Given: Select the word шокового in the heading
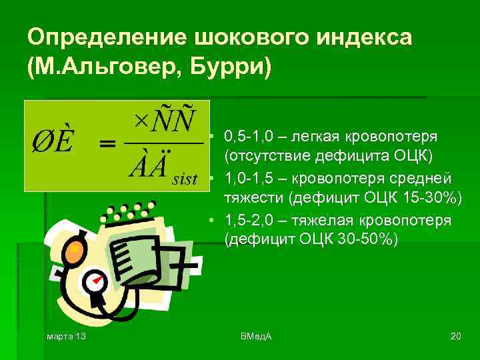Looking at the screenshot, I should tap(233, 37).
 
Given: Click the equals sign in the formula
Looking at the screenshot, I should tap(107, 145).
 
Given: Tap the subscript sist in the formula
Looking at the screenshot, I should tap(185, 178).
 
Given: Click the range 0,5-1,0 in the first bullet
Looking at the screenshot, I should tap(247, 137).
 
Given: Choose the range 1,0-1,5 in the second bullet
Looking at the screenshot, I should tap(247, 179).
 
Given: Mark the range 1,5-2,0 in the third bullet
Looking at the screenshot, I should tap(247, 221).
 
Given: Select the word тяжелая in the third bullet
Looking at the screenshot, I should tap(314, 221).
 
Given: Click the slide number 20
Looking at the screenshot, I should tap(456, 335).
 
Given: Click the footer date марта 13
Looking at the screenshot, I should tap(67, 335).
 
